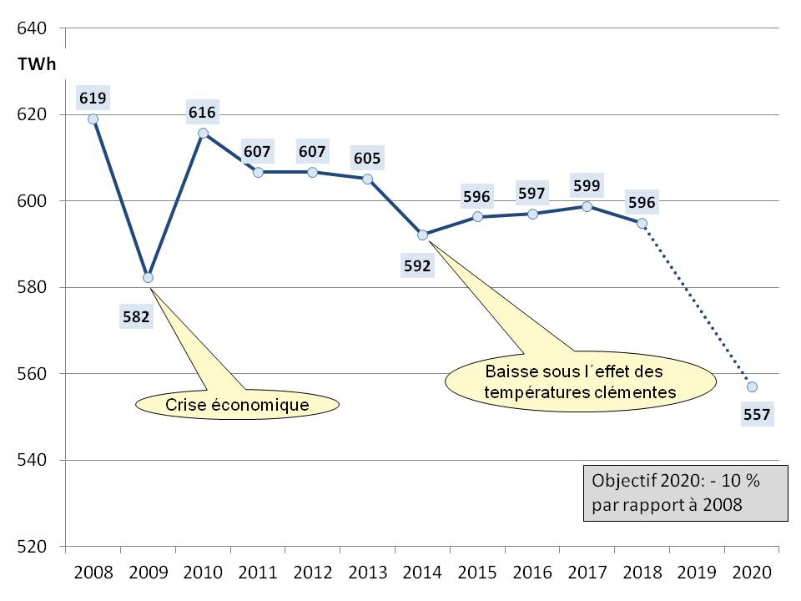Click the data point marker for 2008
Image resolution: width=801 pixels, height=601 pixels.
[93, 119]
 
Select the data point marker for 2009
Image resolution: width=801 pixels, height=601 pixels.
[148, 277]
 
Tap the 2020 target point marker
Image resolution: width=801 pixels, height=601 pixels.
[752, 386]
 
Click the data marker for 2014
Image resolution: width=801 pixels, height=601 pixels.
[422, 235]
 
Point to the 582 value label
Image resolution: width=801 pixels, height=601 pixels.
[136, 316]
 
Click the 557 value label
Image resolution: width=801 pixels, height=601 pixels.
[757, 413]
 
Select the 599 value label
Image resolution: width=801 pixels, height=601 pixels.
[587, 185]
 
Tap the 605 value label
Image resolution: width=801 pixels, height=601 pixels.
[367, 158]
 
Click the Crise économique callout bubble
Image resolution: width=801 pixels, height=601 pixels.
[238, 405]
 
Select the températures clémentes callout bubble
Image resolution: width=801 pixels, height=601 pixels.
[582, 380]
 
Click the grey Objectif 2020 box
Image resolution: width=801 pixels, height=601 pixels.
[685, 493]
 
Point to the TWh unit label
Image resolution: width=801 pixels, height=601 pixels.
[37, 65]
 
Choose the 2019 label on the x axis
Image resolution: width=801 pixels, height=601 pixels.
[697, 573]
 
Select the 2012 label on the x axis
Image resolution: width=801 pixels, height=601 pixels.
[312, 573]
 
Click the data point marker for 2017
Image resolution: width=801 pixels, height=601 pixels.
[587, 206]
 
